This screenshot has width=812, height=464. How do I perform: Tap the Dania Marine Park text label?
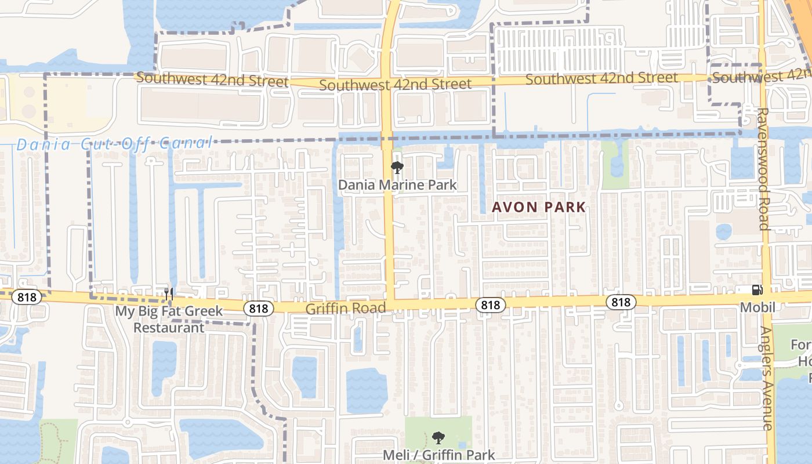(x=397, y=185)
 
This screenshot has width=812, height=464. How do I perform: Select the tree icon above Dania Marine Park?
(x=397, y=168)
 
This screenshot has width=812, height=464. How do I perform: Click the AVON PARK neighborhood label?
(x=539, y=207)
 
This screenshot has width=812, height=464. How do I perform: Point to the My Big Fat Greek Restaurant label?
(x=169, y=319)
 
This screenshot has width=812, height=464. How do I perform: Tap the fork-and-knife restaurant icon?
(x=169, y=294)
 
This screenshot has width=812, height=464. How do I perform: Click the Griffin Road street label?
(x=345, y=308)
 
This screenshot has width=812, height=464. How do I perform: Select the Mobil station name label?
(x=757, y=307)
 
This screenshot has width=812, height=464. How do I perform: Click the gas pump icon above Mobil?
(x=757, y=290)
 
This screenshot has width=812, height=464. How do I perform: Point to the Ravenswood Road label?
(x=763, y=168)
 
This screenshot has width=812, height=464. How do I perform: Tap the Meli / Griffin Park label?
(x=439, y=455)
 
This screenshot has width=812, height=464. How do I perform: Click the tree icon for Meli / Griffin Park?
(x=438, y=438)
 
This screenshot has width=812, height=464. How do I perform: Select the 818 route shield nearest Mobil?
(x=621, y=302)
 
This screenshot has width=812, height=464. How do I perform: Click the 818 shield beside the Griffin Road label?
(x=490, y=304)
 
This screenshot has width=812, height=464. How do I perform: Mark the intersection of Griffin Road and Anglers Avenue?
(x=767, y=298)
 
